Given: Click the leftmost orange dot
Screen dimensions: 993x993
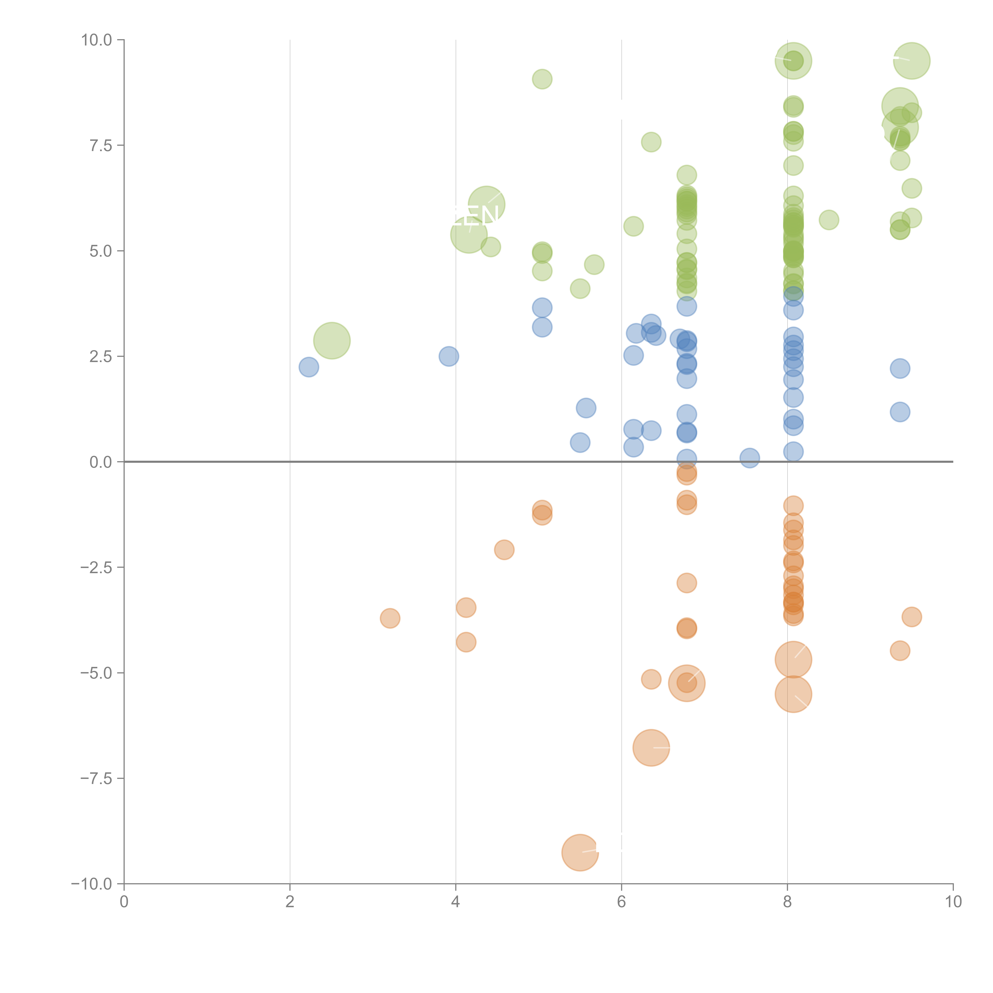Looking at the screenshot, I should [x=390, y=618].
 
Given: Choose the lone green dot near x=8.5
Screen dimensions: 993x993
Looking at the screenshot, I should [x=829, y=220].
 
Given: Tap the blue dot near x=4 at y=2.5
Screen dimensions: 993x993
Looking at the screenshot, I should [x=449, y=356].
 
